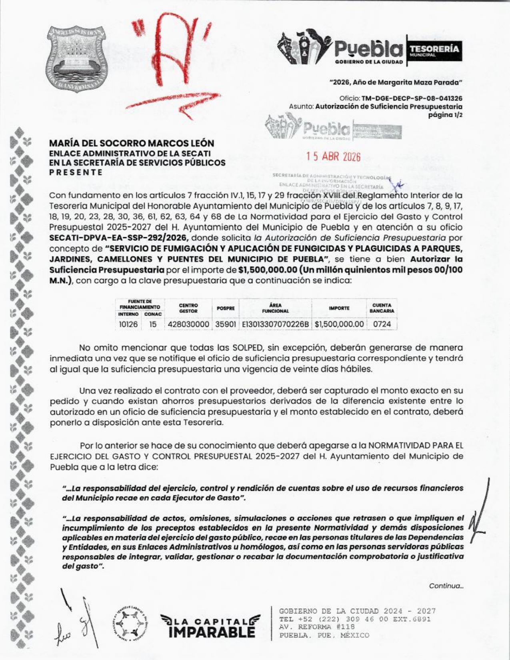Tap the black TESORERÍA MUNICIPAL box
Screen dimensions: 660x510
[x=434, y=51]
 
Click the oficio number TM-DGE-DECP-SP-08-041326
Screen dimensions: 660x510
[x=412, y=98]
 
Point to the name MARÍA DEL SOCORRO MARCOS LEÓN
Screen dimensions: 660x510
[x=132, y=143]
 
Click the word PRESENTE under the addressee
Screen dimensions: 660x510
[x=76, y=172]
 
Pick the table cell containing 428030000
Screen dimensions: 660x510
[x=188, y=324]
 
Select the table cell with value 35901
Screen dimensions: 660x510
[x=226, y=324]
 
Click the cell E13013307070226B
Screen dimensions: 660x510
[x=275, y=324]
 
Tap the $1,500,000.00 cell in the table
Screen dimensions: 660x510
[x=339, y=324]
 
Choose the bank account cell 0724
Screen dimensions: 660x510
[x=382, y=324]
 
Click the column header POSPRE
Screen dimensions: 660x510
[x=226, y=308]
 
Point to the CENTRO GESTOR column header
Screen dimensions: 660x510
[x=188, y=308]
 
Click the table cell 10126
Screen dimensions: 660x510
[x=128, y=324]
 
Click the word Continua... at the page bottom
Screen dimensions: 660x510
[x=446, y=586]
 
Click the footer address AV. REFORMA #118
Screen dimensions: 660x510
[x=311, y=627]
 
